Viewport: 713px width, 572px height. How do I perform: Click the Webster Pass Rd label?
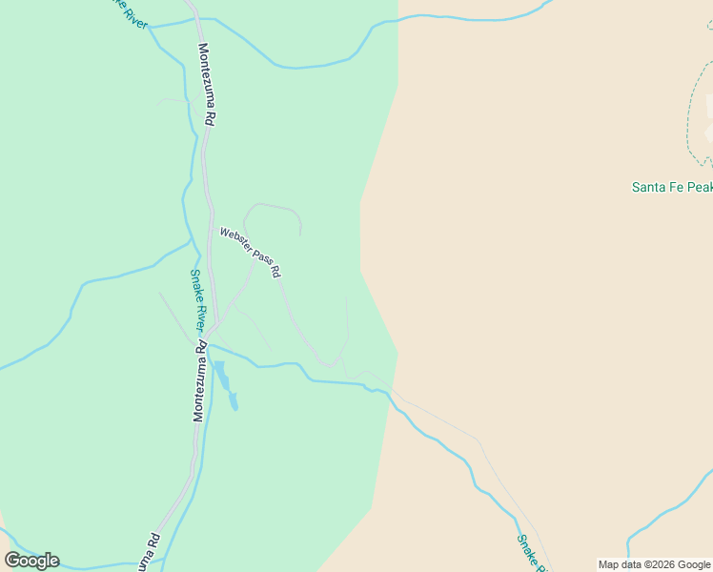tap(251, 252)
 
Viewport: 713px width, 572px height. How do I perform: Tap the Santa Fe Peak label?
tap(671, 187)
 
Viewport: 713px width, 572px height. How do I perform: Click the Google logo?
tap(31, 561)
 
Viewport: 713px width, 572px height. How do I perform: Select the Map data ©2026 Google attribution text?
tap(654, 564)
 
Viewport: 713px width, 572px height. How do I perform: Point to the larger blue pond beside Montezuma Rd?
tap(221, 375)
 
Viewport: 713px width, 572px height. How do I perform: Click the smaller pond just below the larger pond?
tap(234, 402)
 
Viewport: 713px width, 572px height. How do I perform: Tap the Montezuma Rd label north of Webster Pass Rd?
tap(207, 85)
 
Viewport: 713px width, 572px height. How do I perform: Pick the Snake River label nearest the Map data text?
tap(530, 553)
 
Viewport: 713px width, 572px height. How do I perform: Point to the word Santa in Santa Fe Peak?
tap(649, 187)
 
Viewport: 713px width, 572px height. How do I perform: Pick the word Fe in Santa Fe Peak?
tap(676, 187)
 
